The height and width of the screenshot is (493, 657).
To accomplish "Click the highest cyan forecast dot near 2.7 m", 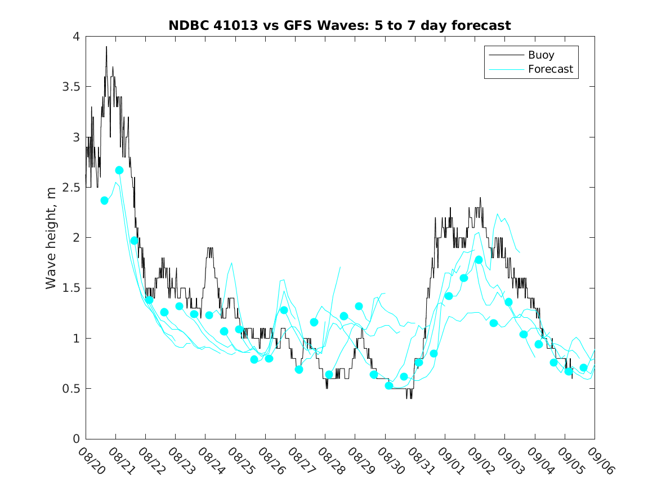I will point(119,170).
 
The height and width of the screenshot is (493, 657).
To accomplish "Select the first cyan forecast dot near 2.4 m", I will point(104,201).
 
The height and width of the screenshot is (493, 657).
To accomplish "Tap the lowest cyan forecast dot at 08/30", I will point(388,385).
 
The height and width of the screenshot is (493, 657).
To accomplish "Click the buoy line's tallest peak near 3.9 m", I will point(106,47).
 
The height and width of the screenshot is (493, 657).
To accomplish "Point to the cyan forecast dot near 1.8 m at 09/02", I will point(479,260).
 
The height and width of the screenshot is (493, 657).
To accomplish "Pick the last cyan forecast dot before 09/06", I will point(583,367).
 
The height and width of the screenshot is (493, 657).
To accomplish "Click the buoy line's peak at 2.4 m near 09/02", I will point(480,198).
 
